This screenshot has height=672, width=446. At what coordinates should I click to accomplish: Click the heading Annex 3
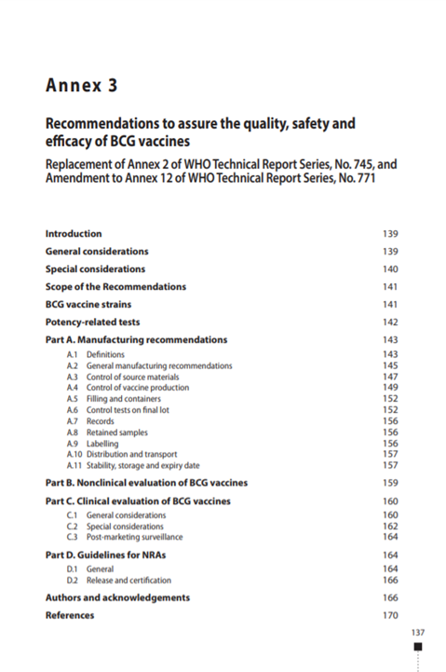tap(82, 87)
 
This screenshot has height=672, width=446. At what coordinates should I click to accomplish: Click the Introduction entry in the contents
tap(74, 234)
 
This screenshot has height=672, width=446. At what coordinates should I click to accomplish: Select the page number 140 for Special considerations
tap(390, 269)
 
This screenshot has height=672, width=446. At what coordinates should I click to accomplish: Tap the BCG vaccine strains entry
tap(88, 305)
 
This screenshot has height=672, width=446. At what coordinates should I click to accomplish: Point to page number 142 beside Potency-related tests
tap(390, 322)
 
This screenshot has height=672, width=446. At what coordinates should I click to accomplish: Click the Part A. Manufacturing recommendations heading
tap(136, 340)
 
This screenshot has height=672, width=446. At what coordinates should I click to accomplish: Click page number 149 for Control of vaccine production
tap(390, 388)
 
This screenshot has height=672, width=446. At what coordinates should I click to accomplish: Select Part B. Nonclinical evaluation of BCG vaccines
tap(146, 484)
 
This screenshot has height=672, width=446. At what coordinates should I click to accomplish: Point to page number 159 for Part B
tap(390, 484)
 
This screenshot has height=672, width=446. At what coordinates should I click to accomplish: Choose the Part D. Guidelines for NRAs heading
tap(110, 555)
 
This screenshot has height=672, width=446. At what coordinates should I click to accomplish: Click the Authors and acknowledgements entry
tap(117, 597)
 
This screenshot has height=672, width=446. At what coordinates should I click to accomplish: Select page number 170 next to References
tap(390, 616)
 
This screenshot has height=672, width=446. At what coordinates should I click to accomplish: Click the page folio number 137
tap(417, 633)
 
